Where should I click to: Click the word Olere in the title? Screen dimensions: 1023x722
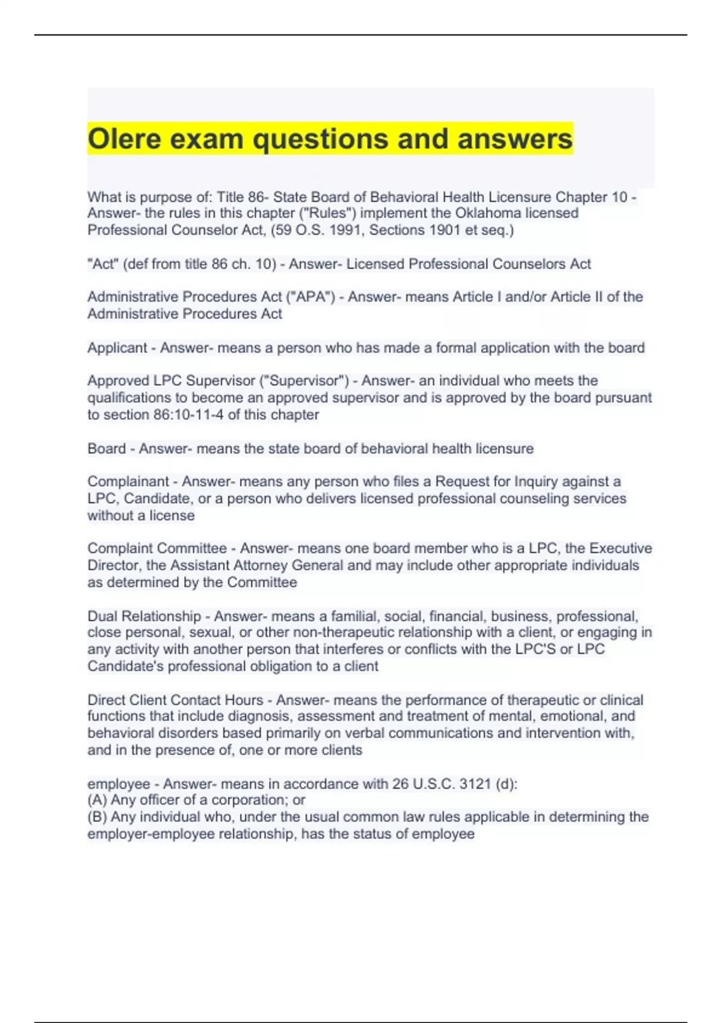click(125, 139)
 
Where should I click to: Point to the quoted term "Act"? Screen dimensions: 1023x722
click(103, 264)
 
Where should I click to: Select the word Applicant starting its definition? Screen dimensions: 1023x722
click(117, 348)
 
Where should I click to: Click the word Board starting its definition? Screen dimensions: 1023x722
click(106, 449)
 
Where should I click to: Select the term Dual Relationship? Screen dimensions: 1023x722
click(144, 616)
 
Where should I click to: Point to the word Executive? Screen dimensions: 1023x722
click(620, 549)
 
